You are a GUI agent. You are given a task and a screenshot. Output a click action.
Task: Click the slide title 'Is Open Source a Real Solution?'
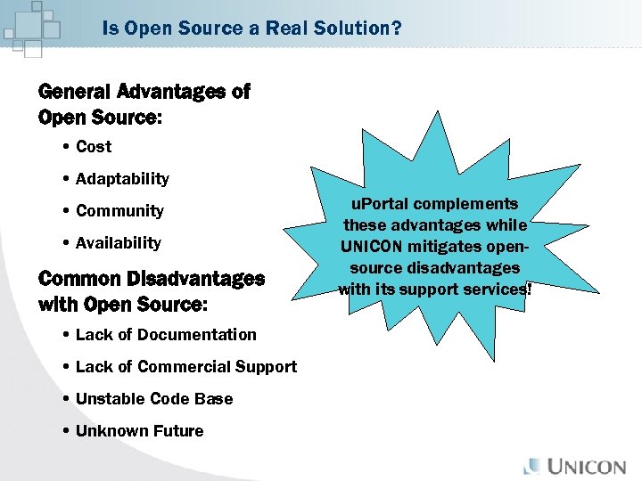click(x=251, y=29)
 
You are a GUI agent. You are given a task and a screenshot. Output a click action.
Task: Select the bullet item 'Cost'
click(x=94, y=147)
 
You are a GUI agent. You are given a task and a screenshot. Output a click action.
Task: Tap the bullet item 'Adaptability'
click(x=122, y=179)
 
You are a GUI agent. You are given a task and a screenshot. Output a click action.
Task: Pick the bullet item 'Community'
click(x=119, y=211)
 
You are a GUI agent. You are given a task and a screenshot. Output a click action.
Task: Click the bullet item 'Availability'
click(x=119, y=243)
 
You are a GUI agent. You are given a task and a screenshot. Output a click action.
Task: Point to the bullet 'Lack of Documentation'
click(x=166, y=335)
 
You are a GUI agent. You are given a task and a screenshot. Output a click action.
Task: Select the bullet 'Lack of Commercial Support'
click(x=186, y=367)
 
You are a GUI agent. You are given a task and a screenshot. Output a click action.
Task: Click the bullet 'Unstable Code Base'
click(x=154, y=399)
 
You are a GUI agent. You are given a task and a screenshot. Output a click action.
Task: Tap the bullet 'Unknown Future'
click(x=139, y=431)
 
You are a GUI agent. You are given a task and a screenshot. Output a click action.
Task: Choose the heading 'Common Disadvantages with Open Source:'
click(x=152, y=290)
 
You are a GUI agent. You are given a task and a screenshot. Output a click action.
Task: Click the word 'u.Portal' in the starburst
click(x=383, y=204)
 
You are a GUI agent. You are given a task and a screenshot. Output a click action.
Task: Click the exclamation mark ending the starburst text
click(x=528, y=289)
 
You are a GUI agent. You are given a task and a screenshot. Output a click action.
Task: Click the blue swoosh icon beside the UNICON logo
click(x=533, y=465)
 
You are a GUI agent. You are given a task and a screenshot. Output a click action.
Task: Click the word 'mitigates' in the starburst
click(x=450, y=247)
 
